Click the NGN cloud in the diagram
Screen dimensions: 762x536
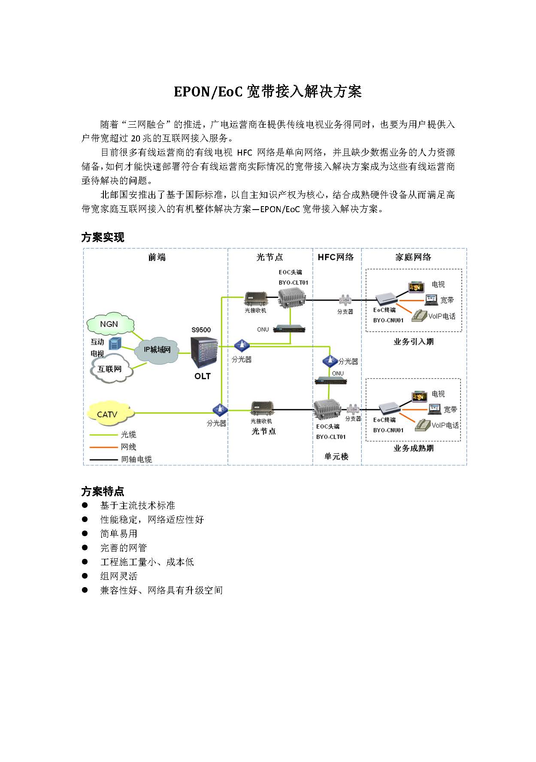pos(110,324)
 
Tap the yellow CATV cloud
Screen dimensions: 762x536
pos(108,414)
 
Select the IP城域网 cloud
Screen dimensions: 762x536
pos(157,350)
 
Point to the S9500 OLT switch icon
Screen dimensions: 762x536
pos(204,352)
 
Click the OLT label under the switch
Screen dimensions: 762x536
pos(203,376)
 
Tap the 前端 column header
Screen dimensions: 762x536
pos(157,257)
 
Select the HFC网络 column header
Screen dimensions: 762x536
pos(336,257)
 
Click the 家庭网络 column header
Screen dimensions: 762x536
pos(413,257)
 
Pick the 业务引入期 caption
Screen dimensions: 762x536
pos(413,342)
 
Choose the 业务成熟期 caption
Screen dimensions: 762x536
pos(413,448)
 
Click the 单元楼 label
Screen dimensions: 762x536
pos(336,456)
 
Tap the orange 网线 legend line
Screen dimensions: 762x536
pos(103,447)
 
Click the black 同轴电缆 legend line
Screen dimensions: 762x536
pos(103,459)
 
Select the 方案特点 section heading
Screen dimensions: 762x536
pos(103,491)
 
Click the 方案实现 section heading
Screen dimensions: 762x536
pos(103,237)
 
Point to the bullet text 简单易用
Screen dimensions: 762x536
pos(119,534)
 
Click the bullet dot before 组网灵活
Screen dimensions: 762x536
pos(85,576)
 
